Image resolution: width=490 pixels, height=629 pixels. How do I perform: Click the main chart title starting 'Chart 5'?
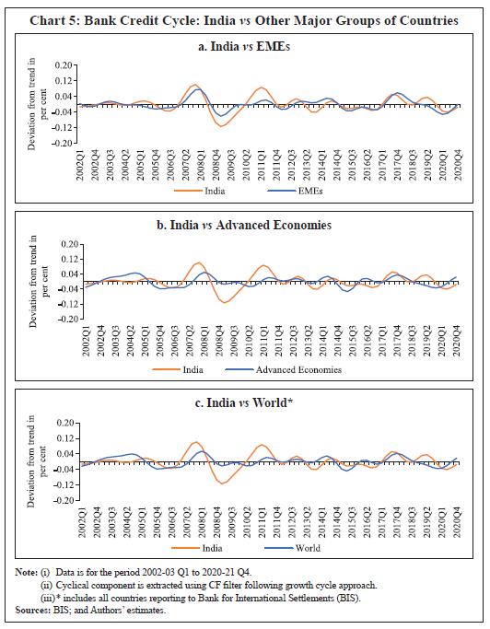[x=244, y=19]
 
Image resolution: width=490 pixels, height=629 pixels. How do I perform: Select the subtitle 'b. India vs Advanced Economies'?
[x=244, y=225]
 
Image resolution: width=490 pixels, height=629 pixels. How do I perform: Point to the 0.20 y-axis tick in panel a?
[x=63, y=66]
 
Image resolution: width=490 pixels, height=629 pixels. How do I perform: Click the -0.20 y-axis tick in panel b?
[x=61, y=320]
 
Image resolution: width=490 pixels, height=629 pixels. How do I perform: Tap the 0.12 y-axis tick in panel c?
[x=63, y=437]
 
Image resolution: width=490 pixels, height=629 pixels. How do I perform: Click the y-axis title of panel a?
[x=32, y=104]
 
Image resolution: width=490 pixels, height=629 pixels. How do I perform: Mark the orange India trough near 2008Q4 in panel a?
[x=222, y=125]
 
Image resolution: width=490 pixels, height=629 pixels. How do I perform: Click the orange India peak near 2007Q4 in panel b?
[x=196, y=263]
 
